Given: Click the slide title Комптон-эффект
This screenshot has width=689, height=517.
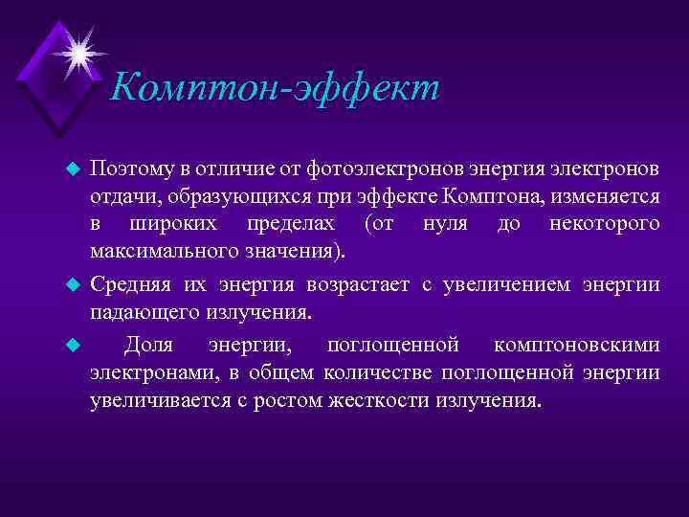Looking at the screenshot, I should tap(275, 88).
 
